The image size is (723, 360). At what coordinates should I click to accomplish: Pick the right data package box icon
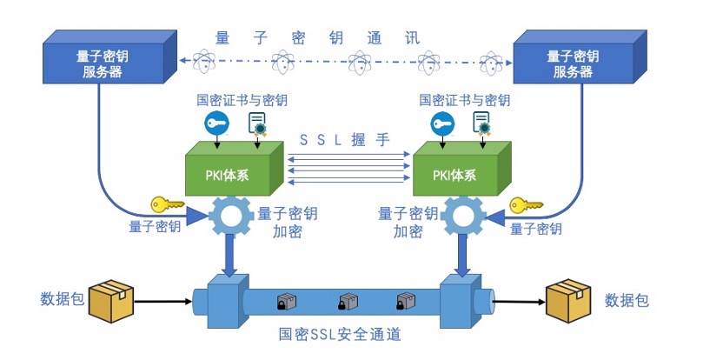567,301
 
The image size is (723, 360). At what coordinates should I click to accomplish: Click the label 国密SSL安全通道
340,334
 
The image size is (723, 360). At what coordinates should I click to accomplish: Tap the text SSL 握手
345,139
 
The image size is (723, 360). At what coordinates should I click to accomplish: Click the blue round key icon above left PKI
216,123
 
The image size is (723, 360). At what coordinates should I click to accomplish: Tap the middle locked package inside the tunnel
347,302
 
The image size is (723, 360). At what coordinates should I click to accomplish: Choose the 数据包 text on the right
627,301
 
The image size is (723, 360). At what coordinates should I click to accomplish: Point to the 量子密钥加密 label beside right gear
408,223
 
